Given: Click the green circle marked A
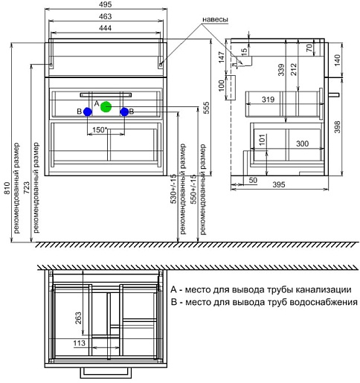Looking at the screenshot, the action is [x=106, y=107].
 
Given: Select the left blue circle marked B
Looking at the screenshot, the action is [x=88, y=112].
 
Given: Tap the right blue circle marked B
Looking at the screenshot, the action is [x=124, y=112].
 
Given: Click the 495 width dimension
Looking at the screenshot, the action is [x=106, y=4].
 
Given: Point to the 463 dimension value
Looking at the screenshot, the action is [x=106, y=16].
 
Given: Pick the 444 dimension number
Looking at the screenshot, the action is [x=106, y=28].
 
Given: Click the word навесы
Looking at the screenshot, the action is [x=215, y=19].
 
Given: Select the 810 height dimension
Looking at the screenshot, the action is [x=7, y=188].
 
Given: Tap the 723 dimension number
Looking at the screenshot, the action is [x=26, y=187].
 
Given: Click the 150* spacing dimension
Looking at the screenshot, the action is [x=100, y=129].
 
